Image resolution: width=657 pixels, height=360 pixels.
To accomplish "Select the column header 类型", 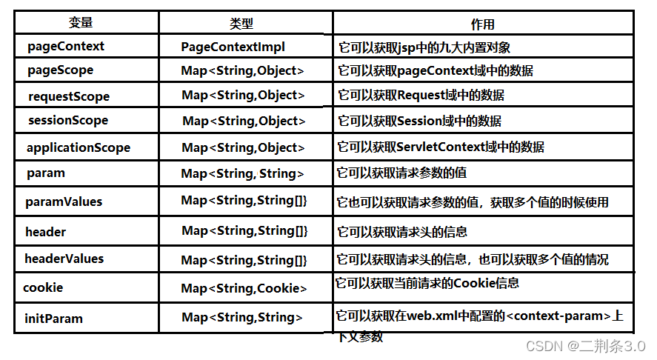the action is (241, 24).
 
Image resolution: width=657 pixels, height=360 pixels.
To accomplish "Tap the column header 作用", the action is (482, 24).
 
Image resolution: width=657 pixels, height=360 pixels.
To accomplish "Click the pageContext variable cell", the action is (66, 46).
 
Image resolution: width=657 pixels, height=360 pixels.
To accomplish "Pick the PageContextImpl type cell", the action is (233, 47).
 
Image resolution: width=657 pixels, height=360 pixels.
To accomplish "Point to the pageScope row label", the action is (60, 70).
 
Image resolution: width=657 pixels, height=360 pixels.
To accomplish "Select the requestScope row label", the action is (68, 96).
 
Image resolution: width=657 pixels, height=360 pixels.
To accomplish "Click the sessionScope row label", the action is (67, 120).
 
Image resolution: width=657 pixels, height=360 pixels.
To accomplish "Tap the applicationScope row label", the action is (78, 147).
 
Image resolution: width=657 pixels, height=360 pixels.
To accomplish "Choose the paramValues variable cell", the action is (64, 201).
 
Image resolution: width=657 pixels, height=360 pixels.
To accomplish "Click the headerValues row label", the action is (64, 259).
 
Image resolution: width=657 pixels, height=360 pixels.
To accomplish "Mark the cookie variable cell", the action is (43, 287).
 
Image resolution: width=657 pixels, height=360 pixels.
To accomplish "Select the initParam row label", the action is (53, 319).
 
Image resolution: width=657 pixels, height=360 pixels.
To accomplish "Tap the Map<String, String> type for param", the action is (243, 174).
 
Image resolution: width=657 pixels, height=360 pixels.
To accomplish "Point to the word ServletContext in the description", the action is (438, 147).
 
